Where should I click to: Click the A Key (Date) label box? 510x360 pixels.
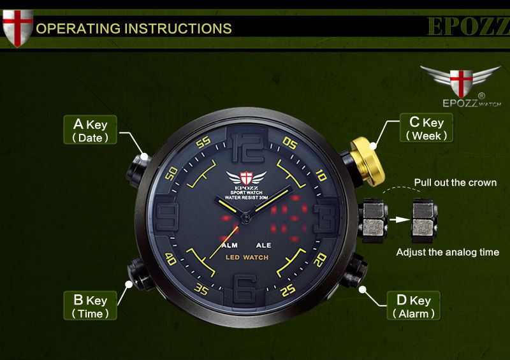point(90,129)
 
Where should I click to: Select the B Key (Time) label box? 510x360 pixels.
point(90,305)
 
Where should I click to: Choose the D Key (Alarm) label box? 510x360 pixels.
point(414,306)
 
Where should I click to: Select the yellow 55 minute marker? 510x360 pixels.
point(203,143)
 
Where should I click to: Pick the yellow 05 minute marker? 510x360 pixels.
point(289,145)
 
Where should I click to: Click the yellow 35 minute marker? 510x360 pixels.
point(201,290)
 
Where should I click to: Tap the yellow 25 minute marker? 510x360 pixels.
point(288,291)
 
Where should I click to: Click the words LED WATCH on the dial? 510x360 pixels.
point(247,257)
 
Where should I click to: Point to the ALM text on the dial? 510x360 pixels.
point(229,244)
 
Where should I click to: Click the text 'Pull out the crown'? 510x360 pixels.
point(455,183)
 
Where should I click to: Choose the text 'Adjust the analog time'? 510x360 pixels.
point(448,252)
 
